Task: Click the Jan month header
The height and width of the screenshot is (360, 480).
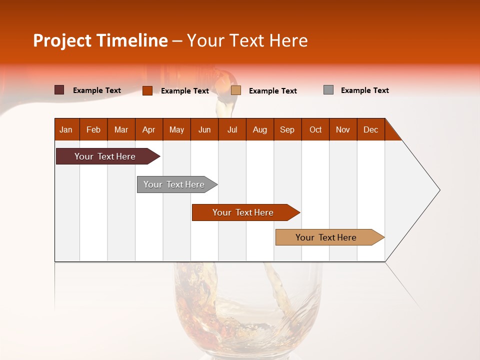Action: click(x=66, y=130)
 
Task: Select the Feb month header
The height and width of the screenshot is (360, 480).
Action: click(x=93, y=130)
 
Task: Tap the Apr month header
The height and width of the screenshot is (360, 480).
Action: click(x=148, y=130)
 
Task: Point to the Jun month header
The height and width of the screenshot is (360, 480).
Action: click(x=204, y=130)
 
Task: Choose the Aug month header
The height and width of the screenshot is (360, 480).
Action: click(x=259, y=130)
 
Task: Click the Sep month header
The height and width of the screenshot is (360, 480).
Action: click(x=287, y=130)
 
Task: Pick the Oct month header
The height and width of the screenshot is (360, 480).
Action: click(x=315, y=130)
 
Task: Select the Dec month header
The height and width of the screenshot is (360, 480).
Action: click(x=370, y=130)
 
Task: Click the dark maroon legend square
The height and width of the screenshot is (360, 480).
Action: click(x=59, y=90)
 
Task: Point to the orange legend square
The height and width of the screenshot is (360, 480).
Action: click(x=147, y=90)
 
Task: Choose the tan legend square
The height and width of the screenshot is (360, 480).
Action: click(x=236, y=90)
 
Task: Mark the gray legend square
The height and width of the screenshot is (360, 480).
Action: click(x=328, y=90)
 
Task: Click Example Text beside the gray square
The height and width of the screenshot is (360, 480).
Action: click(x=364, y=90)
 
